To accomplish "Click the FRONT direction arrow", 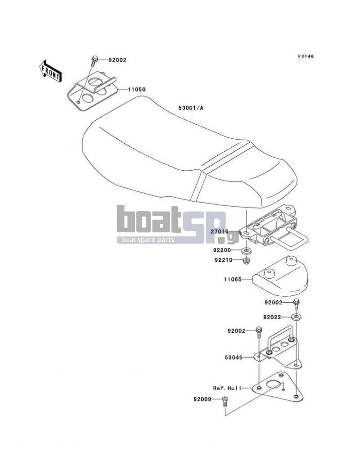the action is [x=50, y=72].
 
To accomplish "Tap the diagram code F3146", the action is [x=306, y=56].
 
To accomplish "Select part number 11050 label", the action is [x=136, y=89].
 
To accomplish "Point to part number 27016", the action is [x=220, y=231].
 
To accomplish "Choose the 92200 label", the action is [x=222, y=250].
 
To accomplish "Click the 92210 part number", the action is [x=224, y=260].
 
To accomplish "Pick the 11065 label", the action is [x=233, y=279].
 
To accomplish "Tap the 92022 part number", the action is [x=272, y=317].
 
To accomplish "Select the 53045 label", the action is [x=234, y=358].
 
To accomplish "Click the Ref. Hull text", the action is [x=227, y=388].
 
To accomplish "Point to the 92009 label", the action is [x=202, y=399].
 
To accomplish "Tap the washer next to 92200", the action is [x=246, y=251].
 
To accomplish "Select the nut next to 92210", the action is [x=246, y=261].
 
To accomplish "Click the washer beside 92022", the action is [x=296, y=317].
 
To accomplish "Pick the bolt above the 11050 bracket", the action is [x=94, y=61].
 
